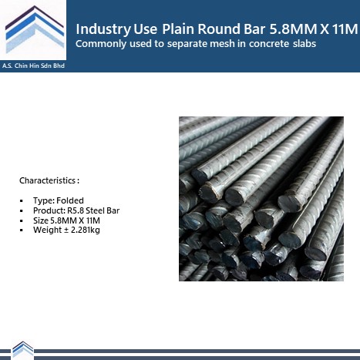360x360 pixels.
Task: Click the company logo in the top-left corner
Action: pos(35,30)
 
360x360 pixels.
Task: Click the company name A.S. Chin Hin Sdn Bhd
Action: pos(33,66)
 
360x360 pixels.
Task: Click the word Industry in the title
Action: pos(103,29)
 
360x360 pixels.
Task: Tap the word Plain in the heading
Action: pos(178,29)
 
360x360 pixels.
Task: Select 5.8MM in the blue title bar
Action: pos(293,29)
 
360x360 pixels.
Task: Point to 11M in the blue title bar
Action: pos(345,29)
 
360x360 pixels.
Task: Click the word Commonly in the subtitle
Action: pos(101,44)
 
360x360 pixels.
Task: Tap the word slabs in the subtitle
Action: pos(304,44)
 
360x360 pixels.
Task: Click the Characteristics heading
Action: pos(49,180)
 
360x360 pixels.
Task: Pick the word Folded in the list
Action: pos(70,200)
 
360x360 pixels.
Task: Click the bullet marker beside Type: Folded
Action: pos(22,201)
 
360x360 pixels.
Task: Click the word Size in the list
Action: pos(41,220)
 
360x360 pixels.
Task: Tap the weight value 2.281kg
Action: pos(86,230)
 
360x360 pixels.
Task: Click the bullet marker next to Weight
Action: pos(22,230)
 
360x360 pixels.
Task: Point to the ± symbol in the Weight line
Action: pos(66,230)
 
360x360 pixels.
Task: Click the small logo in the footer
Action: pos(23,350)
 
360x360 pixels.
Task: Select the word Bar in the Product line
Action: pos(113,210)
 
